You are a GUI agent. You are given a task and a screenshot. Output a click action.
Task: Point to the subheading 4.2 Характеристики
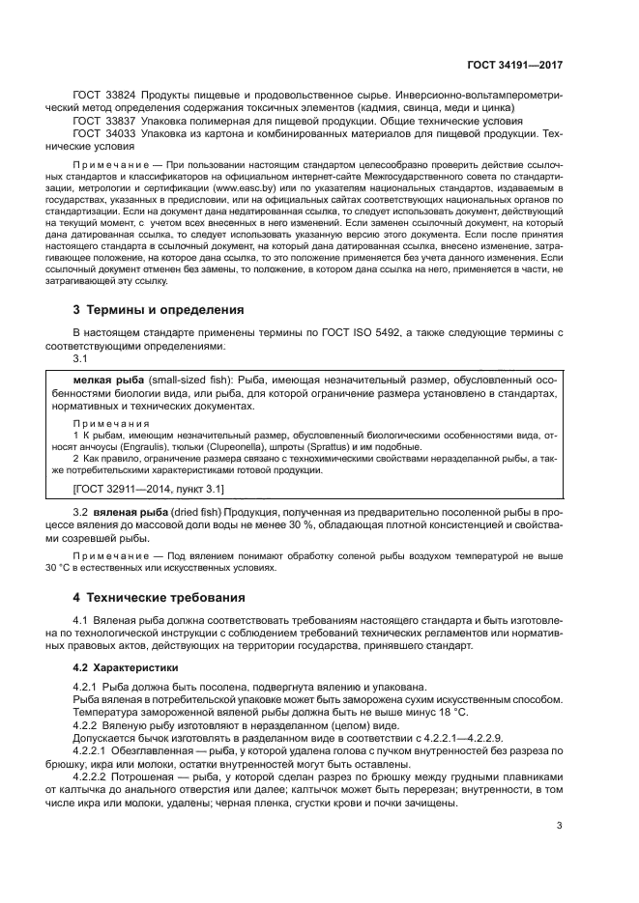124,667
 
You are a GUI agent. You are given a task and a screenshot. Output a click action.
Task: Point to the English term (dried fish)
198,511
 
